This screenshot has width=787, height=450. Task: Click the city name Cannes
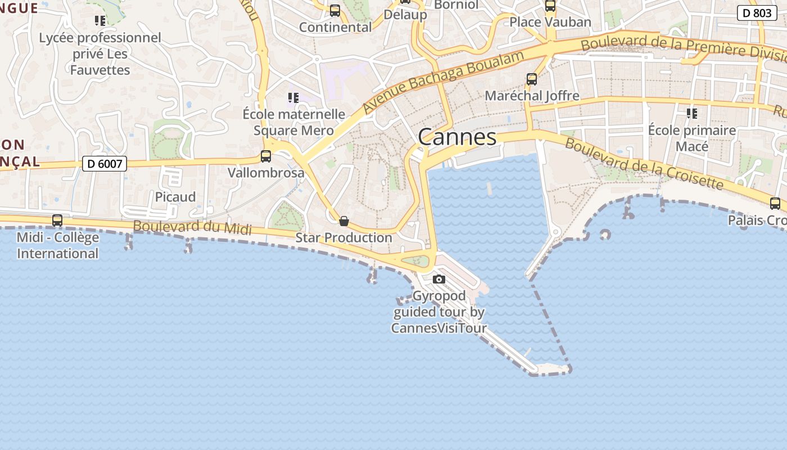(457, 137)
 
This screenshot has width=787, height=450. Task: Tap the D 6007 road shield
(105, 164)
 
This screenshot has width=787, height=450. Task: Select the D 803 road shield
(757, 13)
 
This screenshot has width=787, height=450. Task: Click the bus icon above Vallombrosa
(266, 156)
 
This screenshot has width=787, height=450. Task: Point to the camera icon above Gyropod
(439, 279)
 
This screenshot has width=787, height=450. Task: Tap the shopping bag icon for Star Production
(344, 221)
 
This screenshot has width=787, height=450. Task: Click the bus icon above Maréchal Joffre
(532, 79)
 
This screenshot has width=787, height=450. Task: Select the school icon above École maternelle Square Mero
(293, 98)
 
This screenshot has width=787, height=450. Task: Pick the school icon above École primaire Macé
(692, 114)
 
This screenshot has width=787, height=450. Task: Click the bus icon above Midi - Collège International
(57, 220)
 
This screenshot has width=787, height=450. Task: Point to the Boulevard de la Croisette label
(644, 163)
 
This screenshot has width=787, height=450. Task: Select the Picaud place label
(175, 197)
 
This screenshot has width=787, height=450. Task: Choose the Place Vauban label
(550, 22)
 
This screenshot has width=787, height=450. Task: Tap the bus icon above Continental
(335, 11)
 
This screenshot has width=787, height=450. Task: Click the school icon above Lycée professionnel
(100, 21)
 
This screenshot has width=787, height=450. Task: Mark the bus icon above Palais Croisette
(775, 204)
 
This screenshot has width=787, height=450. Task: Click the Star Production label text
(343, 237)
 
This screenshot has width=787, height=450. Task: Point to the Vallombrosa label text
(266, 173)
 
